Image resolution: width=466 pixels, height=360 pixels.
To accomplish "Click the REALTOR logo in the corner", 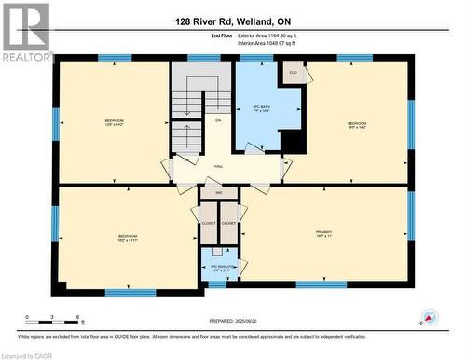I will tap(27, 33).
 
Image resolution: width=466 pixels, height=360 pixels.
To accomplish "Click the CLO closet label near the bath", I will tap(292, 72).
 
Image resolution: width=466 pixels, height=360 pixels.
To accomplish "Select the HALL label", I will tap(218, 166).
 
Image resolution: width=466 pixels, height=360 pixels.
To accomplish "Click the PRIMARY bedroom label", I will tap(323, 234).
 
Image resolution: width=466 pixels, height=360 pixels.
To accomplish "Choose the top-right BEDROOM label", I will tap(357, 124).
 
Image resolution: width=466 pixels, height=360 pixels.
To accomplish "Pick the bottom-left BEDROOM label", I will tap(128, 238).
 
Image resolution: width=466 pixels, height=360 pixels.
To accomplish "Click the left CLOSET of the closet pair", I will tap(208, 224).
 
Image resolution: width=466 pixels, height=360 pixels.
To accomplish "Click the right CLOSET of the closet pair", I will tap(228, 224).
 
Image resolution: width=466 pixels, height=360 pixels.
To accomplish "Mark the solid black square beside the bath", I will tap(292, 141).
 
